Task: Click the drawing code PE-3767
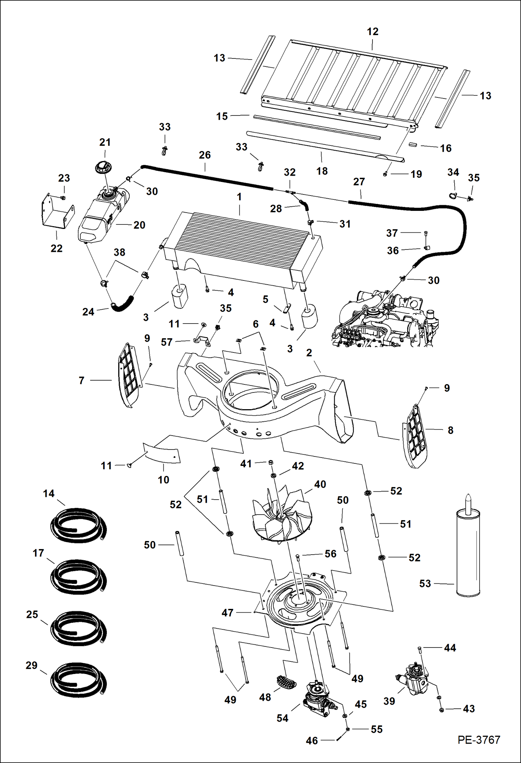pos(479,739)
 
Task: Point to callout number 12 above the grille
pos(372,32)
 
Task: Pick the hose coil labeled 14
pos(78,525)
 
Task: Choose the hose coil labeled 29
pos(78,680)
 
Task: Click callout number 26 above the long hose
pos(205,155)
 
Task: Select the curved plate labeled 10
pos(162,453)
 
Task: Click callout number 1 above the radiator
pos(239,197)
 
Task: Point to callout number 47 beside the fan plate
pos(227,613)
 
